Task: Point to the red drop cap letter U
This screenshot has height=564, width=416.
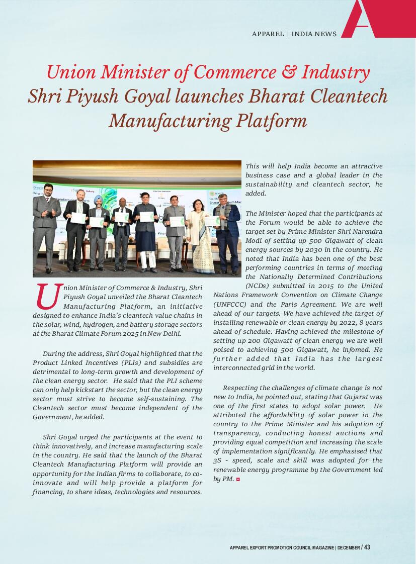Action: tap(48, 297)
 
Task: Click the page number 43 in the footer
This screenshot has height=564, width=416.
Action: tap(367, 547)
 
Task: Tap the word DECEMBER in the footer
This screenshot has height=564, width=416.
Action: tap(348, 548)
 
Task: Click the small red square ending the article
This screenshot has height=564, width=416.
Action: tap(238, 480)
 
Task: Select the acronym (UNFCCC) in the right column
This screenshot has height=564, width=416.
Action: tap(230, 304)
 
